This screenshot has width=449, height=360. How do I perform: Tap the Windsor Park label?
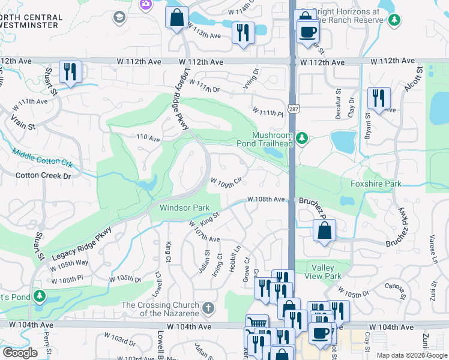coord(184,208)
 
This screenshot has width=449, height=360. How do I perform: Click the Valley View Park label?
coord(327,272)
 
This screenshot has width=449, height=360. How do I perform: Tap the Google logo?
coord(20,353)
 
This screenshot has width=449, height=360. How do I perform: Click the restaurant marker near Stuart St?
coord(70,73)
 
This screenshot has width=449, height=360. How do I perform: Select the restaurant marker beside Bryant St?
coord(379,98)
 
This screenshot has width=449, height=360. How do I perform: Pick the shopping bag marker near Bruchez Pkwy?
coord(324,230)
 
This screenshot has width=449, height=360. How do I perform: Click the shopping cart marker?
coord(256,325)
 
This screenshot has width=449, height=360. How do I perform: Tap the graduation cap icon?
coord(118,17)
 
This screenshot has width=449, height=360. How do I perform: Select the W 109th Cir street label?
coord(226,181)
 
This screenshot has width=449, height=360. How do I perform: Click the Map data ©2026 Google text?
coord(411,355)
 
